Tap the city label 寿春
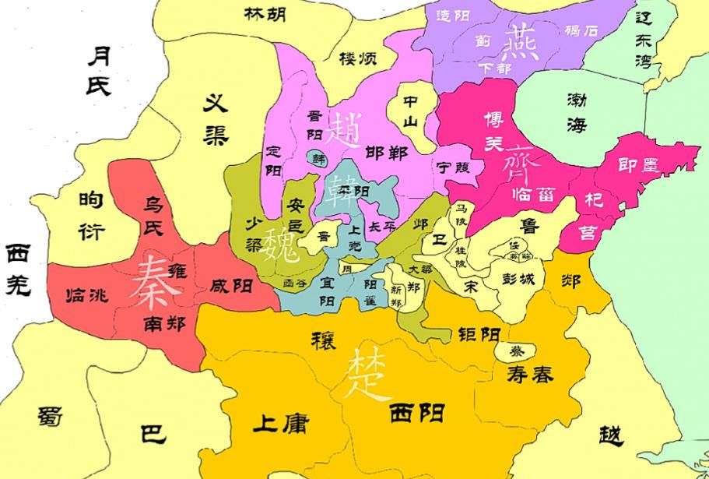(x=531, y=375)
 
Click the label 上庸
(x=280, y=424)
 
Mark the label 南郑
(x=164, y=322)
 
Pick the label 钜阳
(x=478, y=334)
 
